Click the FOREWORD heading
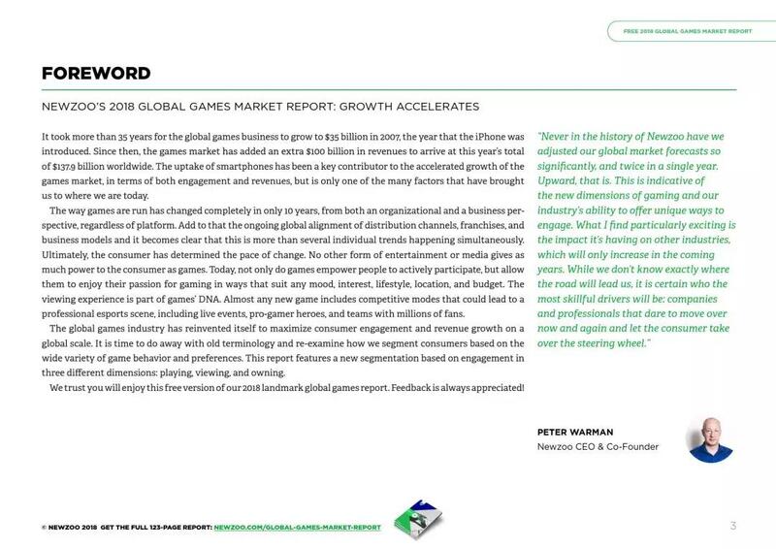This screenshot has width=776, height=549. [95, 74]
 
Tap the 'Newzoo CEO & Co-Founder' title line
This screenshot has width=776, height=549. [598, 447]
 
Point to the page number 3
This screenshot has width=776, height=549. [733, 525]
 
